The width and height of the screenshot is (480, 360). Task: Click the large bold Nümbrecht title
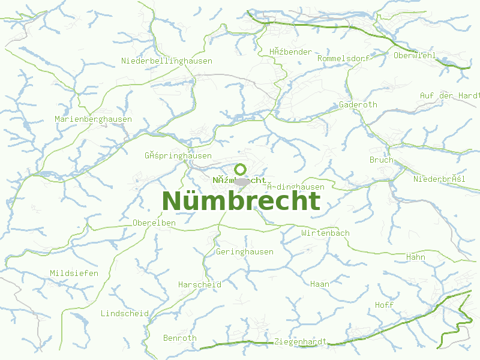241,201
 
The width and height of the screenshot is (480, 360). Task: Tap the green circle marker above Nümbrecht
241,169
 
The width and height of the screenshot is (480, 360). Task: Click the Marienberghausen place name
93,119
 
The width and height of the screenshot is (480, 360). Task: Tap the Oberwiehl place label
414,56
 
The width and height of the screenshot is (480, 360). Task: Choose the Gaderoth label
358,104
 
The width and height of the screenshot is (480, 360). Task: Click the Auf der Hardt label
449,95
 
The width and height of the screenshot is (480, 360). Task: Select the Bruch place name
381,160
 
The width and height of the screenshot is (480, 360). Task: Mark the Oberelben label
154,223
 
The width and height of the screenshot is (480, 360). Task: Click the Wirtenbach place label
325,233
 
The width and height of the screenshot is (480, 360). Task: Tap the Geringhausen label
244,252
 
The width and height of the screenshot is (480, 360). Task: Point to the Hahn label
415,257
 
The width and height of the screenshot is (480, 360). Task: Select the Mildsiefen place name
74,273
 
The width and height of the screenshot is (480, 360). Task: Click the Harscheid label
199,284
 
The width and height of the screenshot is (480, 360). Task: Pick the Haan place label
319,284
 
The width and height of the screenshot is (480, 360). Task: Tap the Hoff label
384,305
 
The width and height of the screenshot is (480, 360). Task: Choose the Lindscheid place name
124,314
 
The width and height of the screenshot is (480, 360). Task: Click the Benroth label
179,338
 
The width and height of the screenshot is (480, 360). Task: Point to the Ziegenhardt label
299,342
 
